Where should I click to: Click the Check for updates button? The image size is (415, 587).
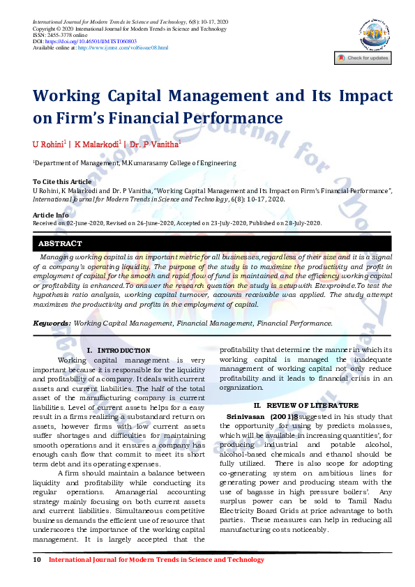tap(363, 59)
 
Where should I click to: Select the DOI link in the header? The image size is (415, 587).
tap(97, 41)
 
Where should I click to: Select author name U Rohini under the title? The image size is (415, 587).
tap(47, 144)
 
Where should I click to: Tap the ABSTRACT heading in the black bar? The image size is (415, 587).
tap(61, 243)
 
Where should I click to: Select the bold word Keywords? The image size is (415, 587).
tap(52, 323)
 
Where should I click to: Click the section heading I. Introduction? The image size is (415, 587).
tap(118, 349)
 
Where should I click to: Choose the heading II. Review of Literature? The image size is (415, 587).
tap(305, 405)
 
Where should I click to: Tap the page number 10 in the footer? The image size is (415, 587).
tap(37, 560)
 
